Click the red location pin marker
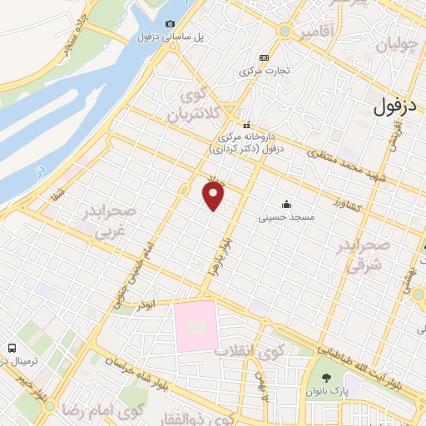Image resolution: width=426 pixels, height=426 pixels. pyautogui.click(x=214, y=196)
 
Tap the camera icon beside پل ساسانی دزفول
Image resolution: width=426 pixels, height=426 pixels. pyautogui.click(x=171, y=24)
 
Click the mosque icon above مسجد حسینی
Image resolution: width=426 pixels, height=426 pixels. pyautogui.click(x=287, y=205)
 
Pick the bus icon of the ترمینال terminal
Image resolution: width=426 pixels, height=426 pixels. pyautogui.click(x=12, y=346)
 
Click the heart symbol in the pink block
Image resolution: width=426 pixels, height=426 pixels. pyautogui.click(x=196, y=327)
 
